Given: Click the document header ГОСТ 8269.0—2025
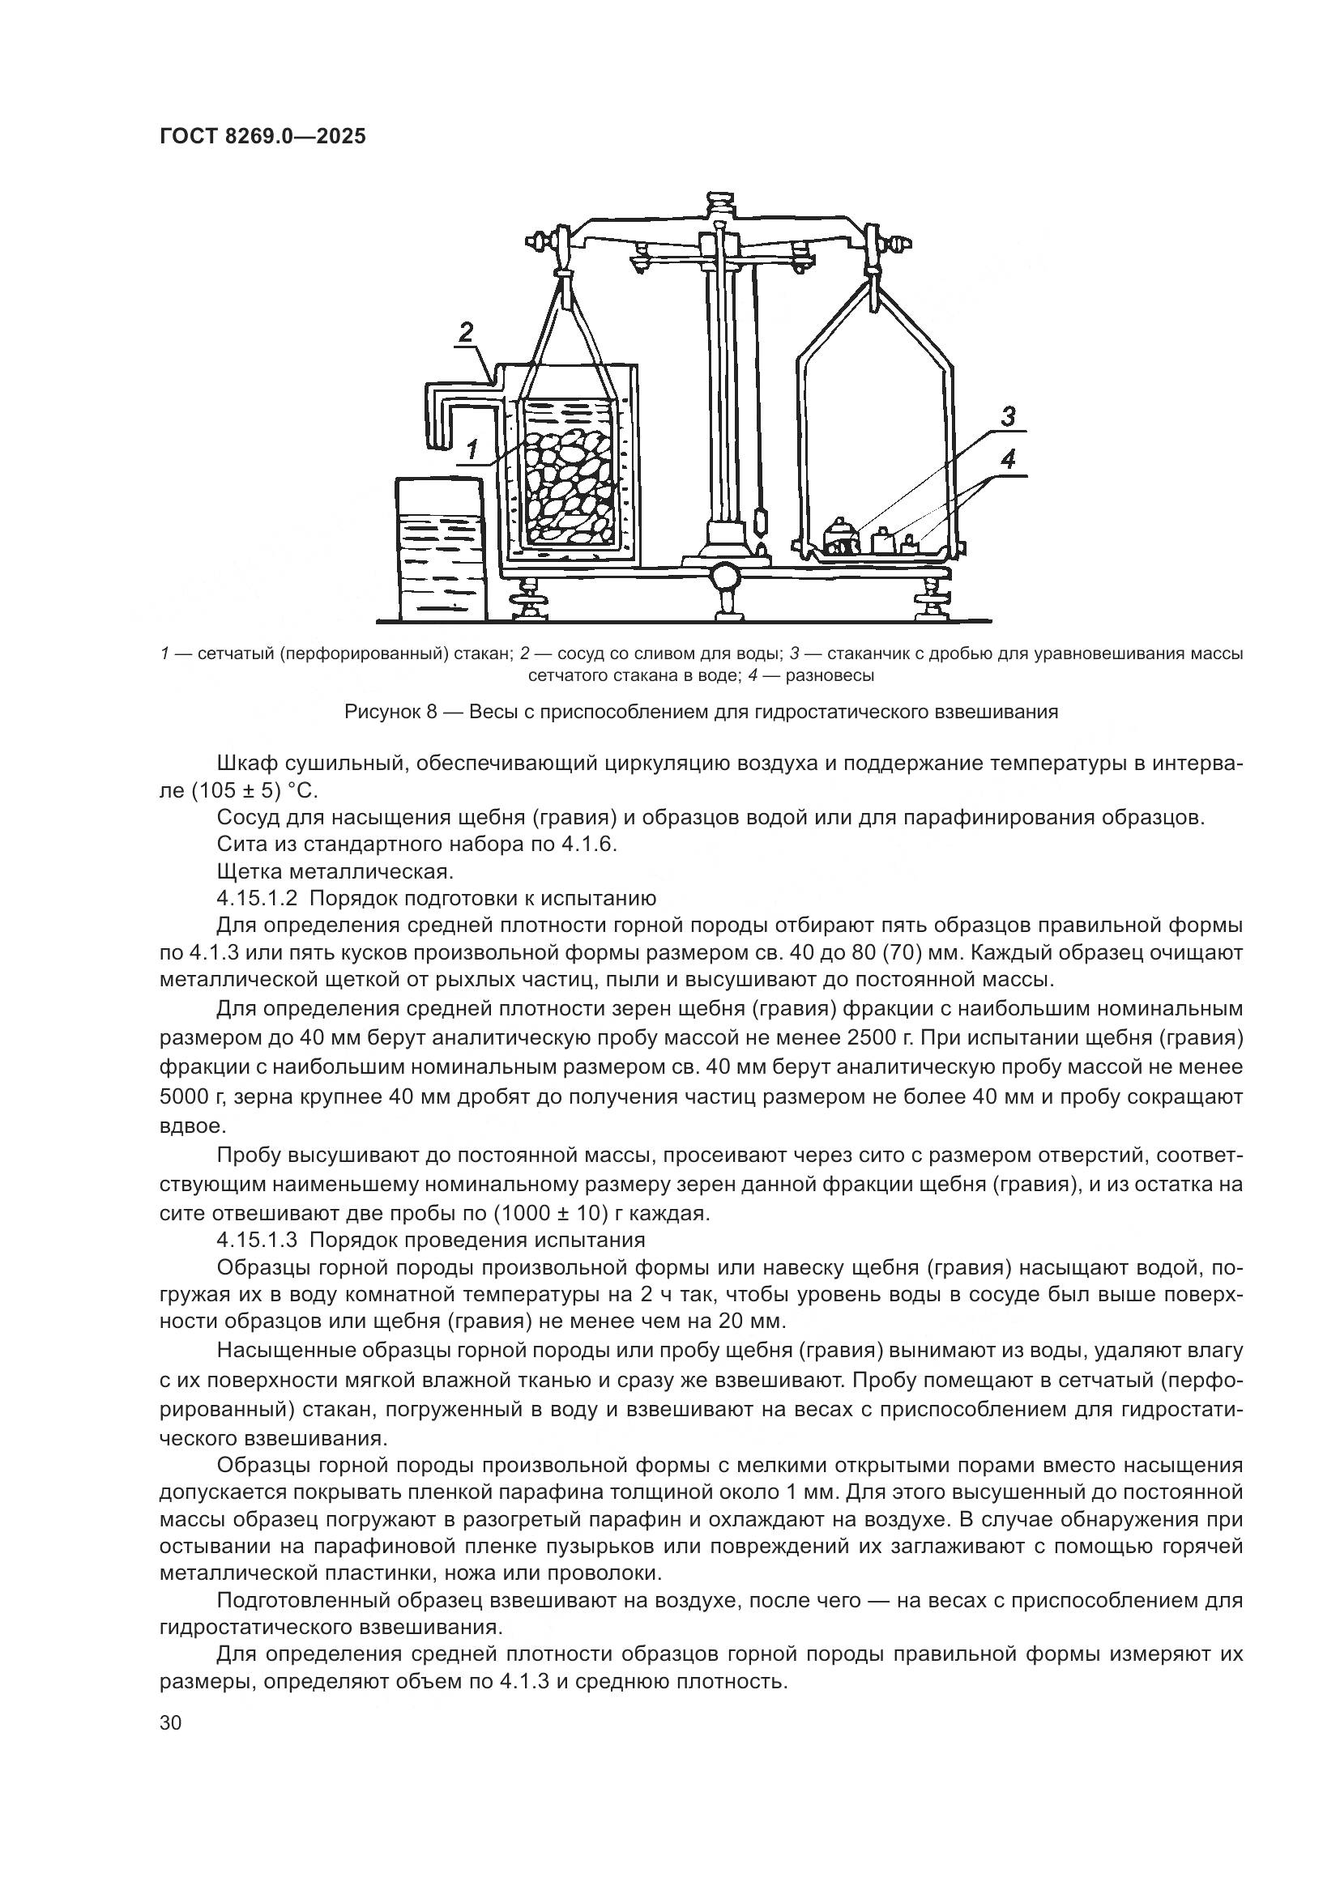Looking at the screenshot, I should point(262,136).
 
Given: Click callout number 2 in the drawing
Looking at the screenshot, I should point(466,333).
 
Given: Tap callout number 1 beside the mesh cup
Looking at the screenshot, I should point(472,449).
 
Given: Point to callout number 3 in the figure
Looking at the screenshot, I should point(1009,417).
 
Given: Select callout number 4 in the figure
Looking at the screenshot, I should point(1009,460).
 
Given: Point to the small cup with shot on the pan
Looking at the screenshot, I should point(840,537).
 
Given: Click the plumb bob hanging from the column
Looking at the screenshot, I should point(760,523).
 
